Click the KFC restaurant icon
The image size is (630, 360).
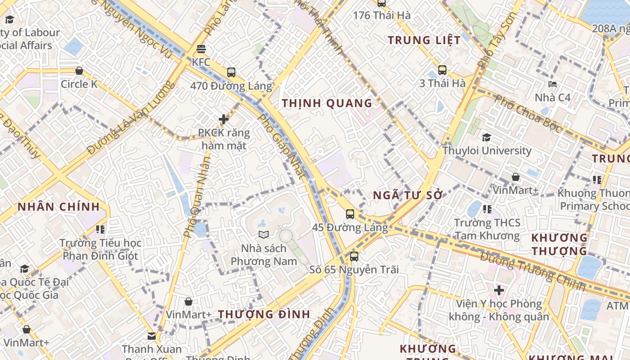coord(201,49)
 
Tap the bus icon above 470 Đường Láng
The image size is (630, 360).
coord(231,72)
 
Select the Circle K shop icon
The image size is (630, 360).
coord(79,71)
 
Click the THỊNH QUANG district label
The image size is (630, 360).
coord(327,103)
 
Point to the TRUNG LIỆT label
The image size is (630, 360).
coord(424,40)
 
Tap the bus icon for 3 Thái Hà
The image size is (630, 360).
coord(442,70)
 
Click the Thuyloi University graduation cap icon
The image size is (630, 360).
coord(486,137)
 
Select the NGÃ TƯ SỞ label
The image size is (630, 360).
coord(408,195)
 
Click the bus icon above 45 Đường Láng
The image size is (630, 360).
coord(350,214)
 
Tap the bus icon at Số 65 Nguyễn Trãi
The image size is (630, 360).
coord(354,256)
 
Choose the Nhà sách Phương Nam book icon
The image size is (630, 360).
coord(264,234)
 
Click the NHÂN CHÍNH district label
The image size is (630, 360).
coord(58,207)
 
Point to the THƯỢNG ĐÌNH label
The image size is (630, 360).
coord(264,314)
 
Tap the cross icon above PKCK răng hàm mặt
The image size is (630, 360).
coord(224,119)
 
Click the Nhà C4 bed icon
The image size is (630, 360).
coord(553,84)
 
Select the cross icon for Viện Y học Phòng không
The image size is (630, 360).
coord(499,290)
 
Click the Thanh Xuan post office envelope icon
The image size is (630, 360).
coord(152,336)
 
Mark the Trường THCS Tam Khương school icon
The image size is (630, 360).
coord(487,209)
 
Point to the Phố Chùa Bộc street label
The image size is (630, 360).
coord(528,113)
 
